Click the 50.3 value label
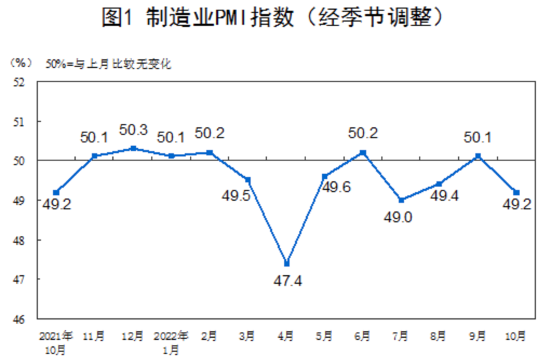(133, 130)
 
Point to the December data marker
(133, 148)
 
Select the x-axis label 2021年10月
(56, 342)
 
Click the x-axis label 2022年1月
(170, 342)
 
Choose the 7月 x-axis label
(401, 337)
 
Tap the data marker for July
(401, 200)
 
